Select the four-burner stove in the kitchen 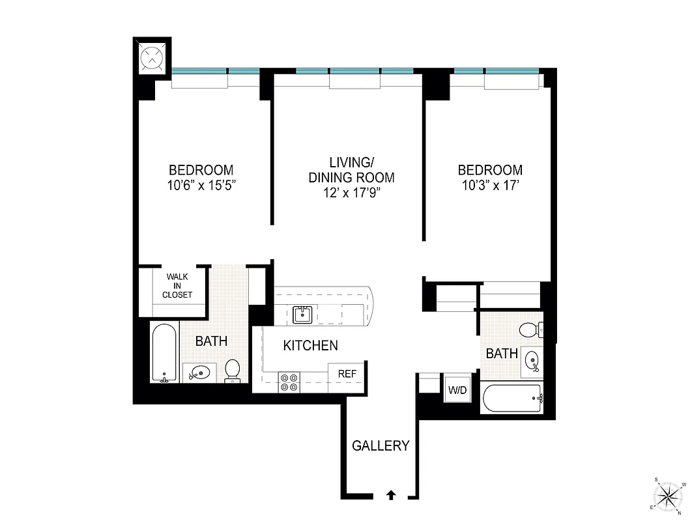(289, 382)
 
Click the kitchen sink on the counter (302, 315)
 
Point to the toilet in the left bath (233, 370)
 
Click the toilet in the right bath (531, 330)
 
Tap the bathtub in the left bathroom (164, 353)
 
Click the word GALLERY (381, 446)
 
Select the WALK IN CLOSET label (177, 286)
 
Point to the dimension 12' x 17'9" (351, 192)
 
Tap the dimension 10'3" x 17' (490, 184)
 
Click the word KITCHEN (310, 346)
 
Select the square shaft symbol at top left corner (152, 57)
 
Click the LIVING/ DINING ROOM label (351, 169)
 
